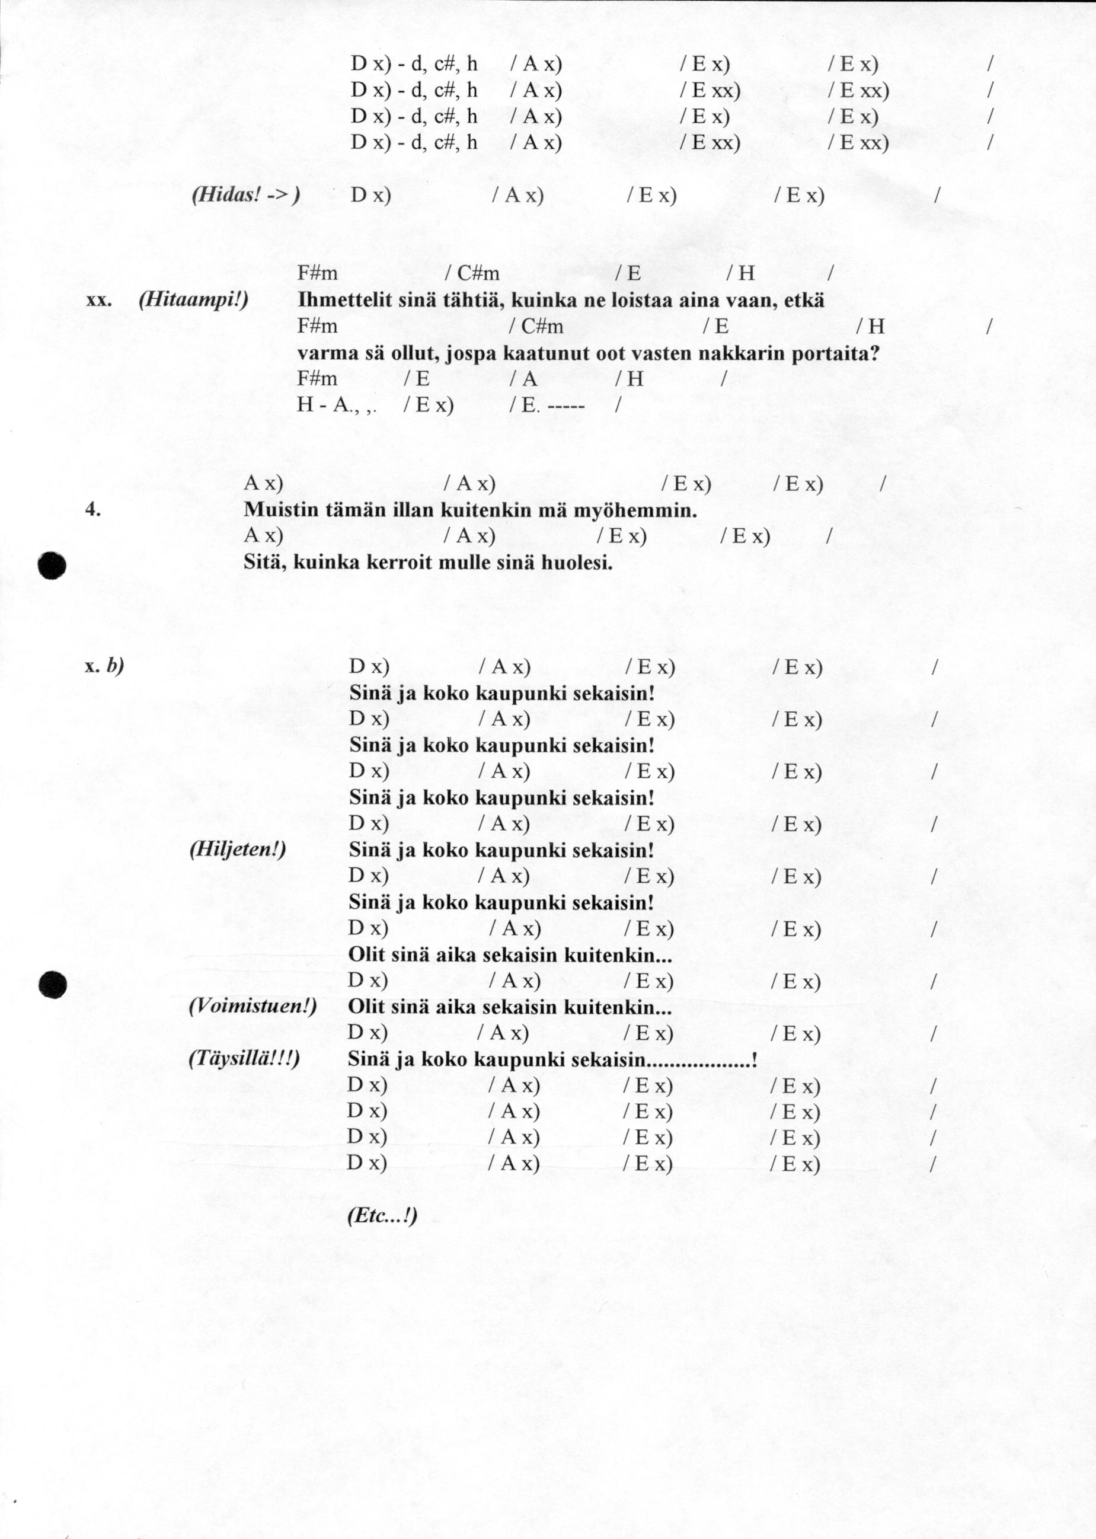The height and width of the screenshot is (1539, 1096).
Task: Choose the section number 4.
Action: (x=93, y=510)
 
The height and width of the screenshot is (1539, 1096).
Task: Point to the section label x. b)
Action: (x=104, y=666)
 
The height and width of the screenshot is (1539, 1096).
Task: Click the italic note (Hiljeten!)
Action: (x=238, y=849)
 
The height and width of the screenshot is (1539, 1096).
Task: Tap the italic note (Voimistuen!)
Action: (x=253, y=1007)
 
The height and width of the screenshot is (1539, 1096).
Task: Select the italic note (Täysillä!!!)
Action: (x=244, y=1058)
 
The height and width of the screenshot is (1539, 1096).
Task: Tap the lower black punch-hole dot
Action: (x=52, y=985)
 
